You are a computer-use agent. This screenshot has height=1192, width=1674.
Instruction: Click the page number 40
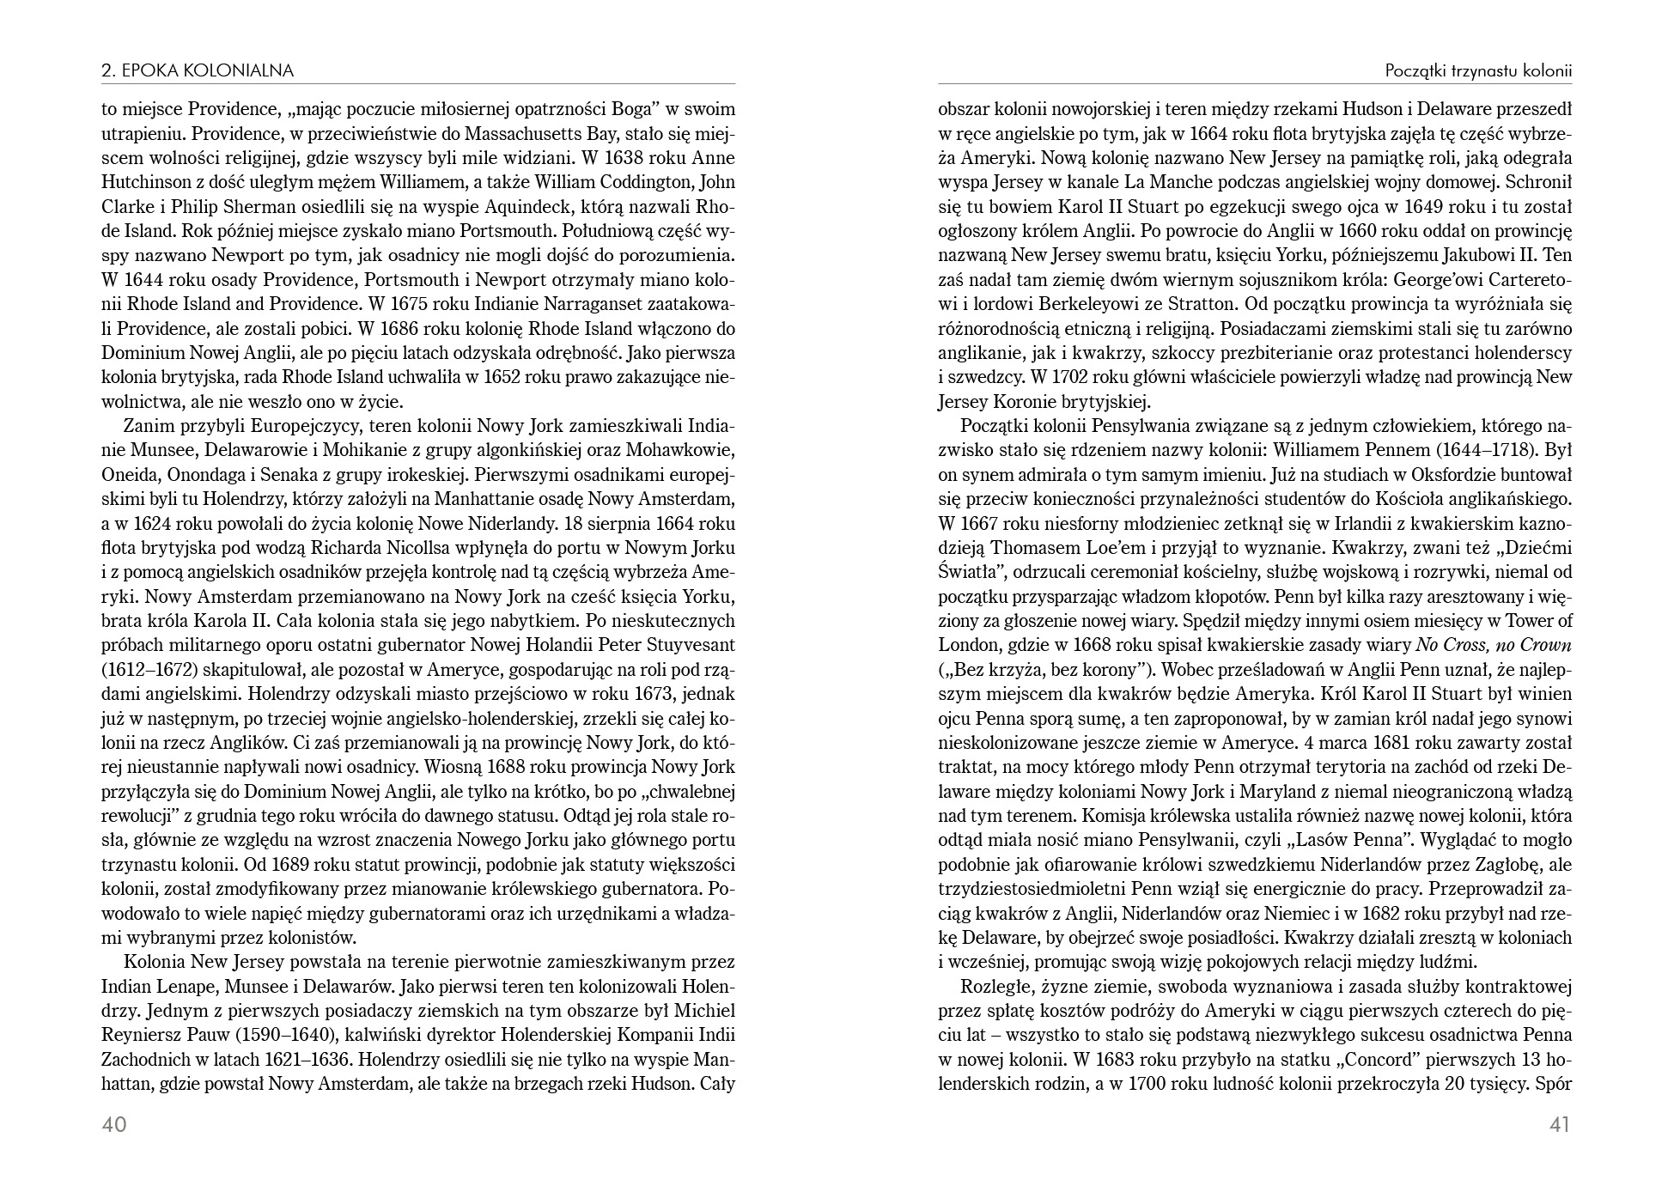[x=114, y=1124]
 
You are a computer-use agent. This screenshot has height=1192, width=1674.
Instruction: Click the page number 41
[x=1558, y=1124]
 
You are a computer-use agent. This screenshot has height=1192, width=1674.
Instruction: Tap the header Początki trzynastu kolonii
[x=1478, y=71]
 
